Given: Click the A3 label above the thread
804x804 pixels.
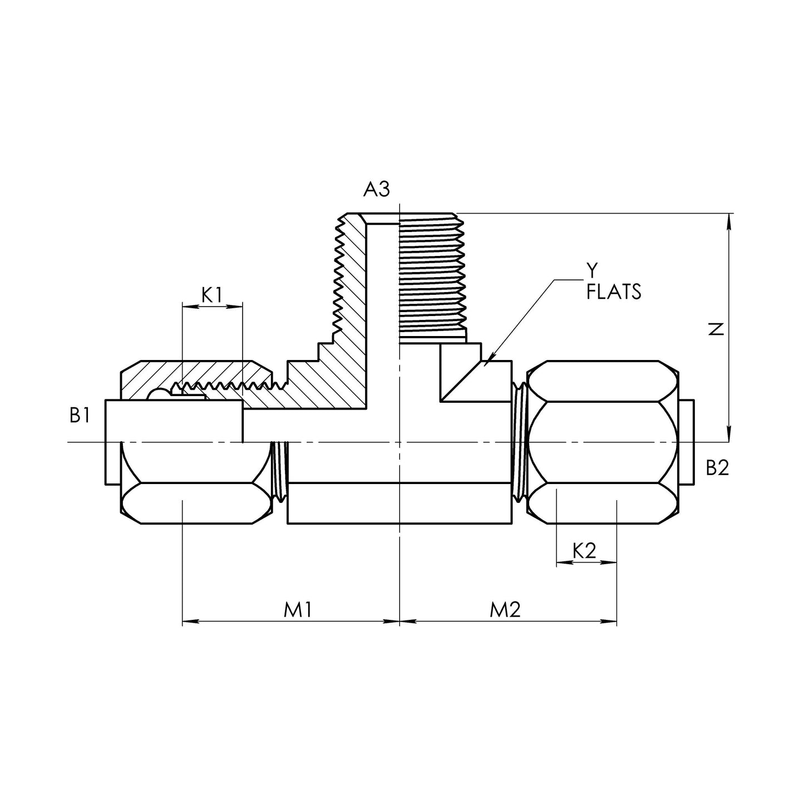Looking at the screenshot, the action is [x=376, y=189].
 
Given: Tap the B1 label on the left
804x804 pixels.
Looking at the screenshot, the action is [x=80, y=416].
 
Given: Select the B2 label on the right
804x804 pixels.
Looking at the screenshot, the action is [x=717, y=468].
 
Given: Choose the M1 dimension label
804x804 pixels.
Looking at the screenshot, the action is [x=298, y=610].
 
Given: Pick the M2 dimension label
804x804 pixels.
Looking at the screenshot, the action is [x=505, y=610].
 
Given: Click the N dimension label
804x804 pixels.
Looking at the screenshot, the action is [x=717, y=329].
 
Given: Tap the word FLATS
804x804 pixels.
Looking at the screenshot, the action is [x=613, y=292].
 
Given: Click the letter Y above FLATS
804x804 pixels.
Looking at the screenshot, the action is [x=592, y=270].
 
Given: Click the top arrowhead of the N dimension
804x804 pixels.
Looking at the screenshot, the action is [x=729, y=221].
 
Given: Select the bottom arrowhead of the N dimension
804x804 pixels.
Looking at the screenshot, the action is [x=729, y=434].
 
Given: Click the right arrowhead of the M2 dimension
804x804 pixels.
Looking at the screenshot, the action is [x=609, y=622].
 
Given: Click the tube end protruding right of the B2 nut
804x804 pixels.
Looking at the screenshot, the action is [x=686, y=442].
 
